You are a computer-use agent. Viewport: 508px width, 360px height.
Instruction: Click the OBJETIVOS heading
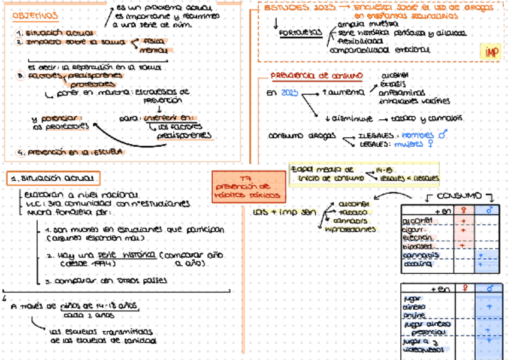coord(35,16)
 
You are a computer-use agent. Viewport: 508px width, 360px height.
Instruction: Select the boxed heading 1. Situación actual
coord(54,178)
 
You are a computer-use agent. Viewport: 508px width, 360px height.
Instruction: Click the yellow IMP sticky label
coord(491,52)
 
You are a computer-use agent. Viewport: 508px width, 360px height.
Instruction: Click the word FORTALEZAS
coord(299,33)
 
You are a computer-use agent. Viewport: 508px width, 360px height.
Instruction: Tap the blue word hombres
coord(418,135)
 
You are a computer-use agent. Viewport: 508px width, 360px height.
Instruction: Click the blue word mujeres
coord(409,144)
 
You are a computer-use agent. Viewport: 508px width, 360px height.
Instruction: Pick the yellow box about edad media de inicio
coord(364,174)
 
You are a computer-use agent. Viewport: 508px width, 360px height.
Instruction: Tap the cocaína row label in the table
coord(417,263)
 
